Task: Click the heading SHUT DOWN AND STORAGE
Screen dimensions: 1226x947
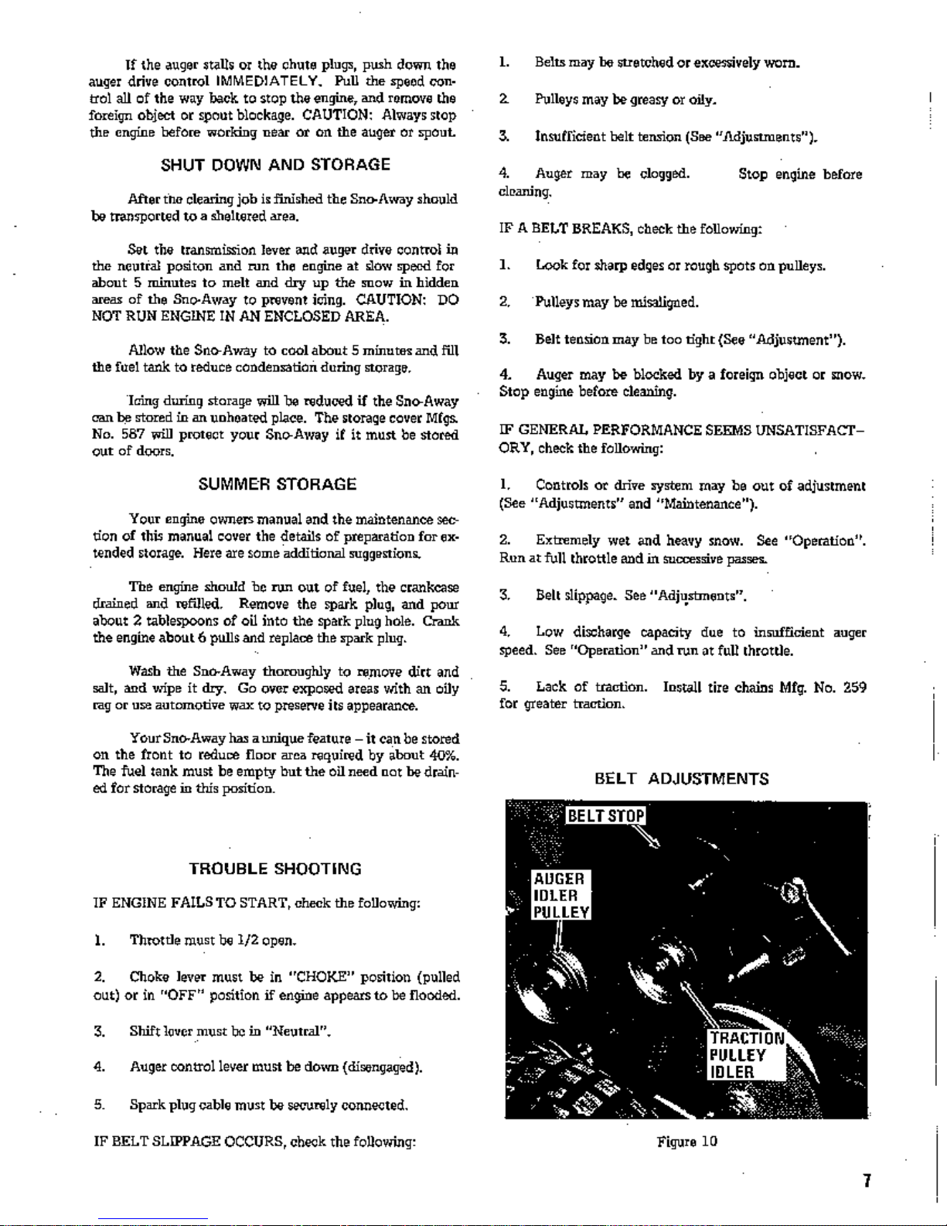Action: (275, 165)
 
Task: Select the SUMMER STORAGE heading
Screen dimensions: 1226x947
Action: (277, 484)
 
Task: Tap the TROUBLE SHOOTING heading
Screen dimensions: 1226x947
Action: (274, 869)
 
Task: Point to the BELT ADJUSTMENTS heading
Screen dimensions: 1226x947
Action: (681, 779)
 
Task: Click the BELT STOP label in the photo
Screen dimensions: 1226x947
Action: (605, 816)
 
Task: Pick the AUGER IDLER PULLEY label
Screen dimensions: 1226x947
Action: (560, 895)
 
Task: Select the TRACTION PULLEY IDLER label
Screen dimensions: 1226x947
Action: (746, 1055)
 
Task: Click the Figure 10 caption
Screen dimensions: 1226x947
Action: (686, 1142)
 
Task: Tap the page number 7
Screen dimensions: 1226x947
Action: (867, 1181)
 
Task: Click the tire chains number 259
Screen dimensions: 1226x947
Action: (854, 687)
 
